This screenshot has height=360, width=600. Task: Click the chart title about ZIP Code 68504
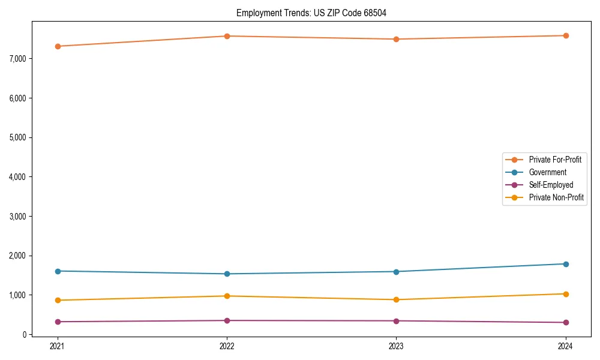pos(316,13)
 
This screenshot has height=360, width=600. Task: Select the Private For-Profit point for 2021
pos(58,46)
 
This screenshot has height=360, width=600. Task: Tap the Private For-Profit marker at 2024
pos(566,35)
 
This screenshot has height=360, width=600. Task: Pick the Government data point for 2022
pos(227,274)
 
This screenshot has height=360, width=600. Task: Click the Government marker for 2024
pos(566,264)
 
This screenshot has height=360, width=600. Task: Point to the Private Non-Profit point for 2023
pos(396,299)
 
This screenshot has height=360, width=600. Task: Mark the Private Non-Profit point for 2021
pos(58,300)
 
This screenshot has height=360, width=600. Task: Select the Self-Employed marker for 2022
pos(227,320)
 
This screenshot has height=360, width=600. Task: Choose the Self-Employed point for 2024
pos(566,322)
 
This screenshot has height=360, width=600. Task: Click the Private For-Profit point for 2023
pos(396,39)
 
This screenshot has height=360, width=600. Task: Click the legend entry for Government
pos(547,172)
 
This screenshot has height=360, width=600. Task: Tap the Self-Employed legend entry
pos(551,185)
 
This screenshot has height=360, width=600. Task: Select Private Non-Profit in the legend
pos(556,197)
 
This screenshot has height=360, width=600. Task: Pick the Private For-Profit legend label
pos(554,160)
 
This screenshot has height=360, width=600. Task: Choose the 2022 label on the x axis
pos(227,346)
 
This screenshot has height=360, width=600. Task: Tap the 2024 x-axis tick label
pos(566,346)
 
